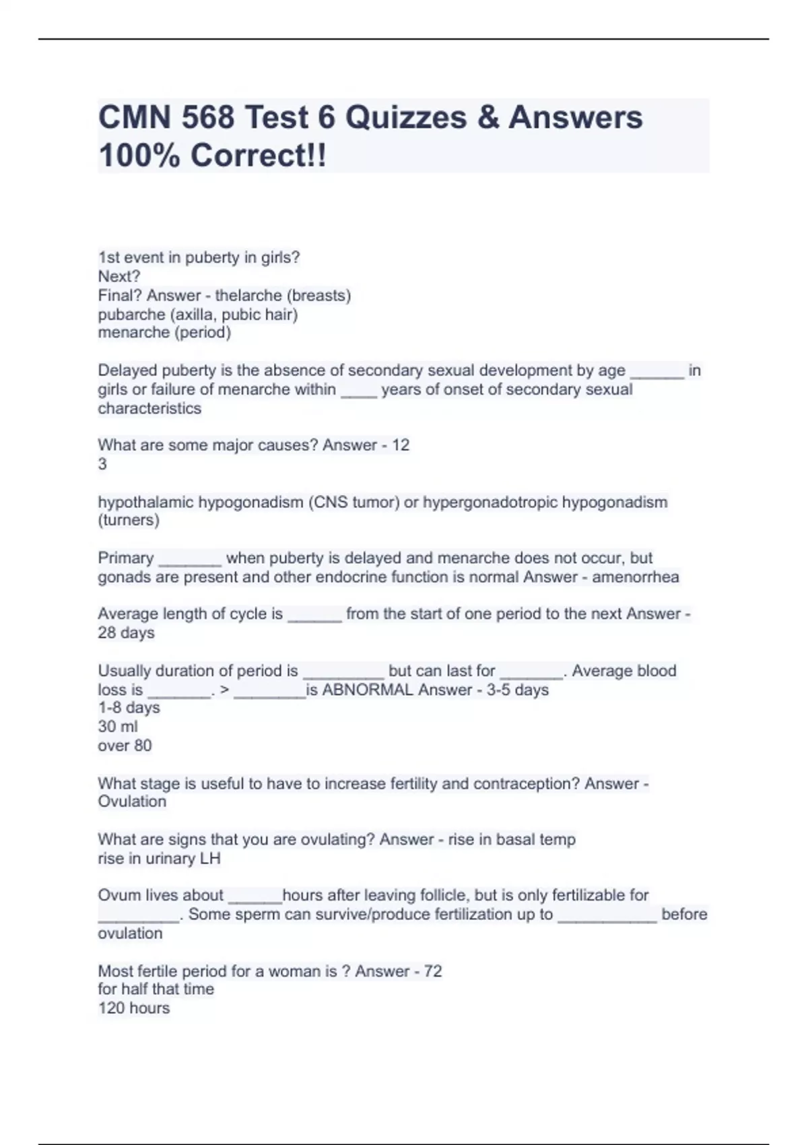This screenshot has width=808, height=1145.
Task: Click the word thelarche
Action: [x=248, y=296]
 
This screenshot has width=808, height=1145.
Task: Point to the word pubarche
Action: [x=127, y=315]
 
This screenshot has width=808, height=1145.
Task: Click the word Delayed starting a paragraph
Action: [x=127, y=370]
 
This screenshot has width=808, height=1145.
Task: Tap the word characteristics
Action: [x=149, y=409]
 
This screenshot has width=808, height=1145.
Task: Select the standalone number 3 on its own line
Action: [x=102, y=464]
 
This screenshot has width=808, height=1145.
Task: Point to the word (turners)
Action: [x=129, y=521]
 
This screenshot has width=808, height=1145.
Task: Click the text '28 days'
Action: [x=126, y=633]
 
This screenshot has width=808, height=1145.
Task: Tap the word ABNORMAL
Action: [x=368, y=690]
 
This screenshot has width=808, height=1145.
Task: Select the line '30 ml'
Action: [x=118, y=727]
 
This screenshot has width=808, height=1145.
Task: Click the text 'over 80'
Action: [x=125, y=746]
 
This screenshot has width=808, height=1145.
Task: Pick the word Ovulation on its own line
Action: [x=132, y=802]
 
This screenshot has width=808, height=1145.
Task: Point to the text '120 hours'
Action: [x=134, y=1008]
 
